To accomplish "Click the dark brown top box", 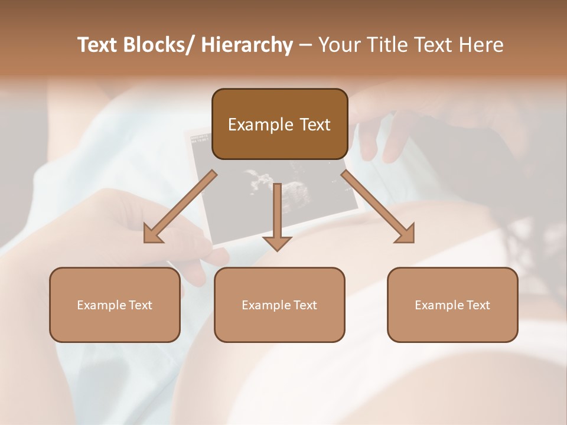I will click(279, 124).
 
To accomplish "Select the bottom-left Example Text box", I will click(115, 305).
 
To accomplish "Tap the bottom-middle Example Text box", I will click(279, 305).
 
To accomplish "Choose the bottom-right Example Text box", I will click(452, 305).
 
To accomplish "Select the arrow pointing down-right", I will click(378, 207).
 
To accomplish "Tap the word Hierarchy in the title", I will click(247, 45).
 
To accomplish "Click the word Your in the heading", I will click(337, 45).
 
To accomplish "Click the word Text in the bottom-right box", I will click(477, 305).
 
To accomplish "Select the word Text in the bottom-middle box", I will click(304, 305).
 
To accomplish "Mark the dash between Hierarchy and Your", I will click(305, 45).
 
